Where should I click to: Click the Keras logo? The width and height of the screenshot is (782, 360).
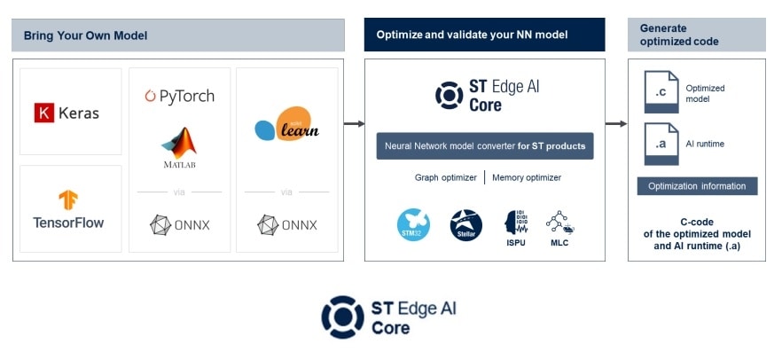(x=67, y=113)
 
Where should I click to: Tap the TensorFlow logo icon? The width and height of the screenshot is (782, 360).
(x=68, y=200)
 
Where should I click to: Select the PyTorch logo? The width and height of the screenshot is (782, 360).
(x=179, y=96)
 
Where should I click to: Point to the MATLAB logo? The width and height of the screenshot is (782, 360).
(x=180, y=147)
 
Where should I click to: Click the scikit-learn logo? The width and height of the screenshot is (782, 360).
(x=286, y=127)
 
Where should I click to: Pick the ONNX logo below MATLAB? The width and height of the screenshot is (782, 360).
(x=180, y=224)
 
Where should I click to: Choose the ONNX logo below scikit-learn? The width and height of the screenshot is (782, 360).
(x=286, y=224)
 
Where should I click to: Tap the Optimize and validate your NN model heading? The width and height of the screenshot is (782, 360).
(x=472, y=35)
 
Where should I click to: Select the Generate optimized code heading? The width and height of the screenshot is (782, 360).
(x=679, y=35)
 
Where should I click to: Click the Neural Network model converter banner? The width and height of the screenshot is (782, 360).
(x=484, y=145)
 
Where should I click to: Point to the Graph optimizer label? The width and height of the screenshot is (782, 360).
(x=446, y=177)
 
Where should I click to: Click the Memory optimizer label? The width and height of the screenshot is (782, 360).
(x=527, y=177)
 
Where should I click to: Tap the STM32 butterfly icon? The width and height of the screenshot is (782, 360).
(x=413, y=224)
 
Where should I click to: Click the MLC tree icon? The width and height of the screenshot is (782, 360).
(x=559, y=222)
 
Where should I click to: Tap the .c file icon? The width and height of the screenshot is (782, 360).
(x=661, y=94)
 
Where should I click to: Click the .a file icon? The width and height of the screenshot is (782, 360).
(x=661, y=143)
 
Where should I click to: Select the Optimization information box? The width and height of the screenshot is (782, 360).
(x=697, y=186)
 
